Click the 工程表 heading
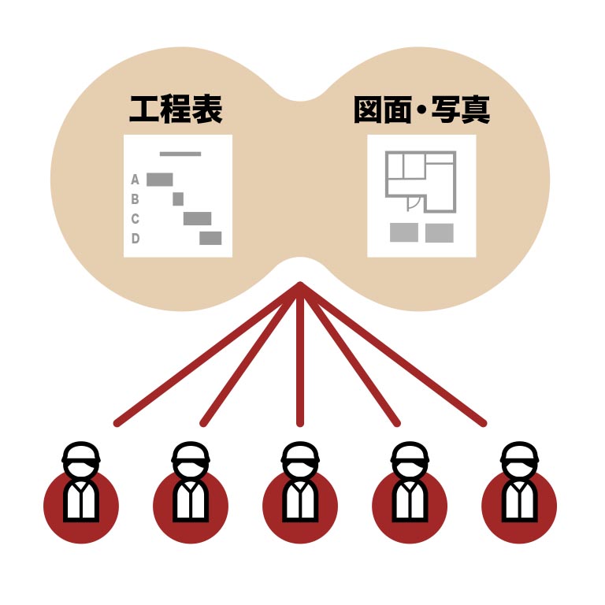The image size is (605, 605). pos(176,110)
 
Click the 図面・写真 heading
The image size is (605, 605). pos(422,110)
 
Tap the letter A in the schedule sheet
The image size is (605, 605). pos(135,180)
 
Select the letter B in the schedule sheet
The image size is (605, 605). pos(135,199)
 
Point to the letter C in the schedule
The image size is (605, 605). pos(135,219)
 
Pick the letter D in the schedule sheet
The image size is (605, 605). pos(135,239)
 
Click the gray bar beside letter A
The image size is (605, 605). pos(160,180)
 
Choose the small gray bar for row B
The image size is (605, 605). pos(178,199)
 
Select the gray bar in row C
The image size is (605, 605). pos(197,219)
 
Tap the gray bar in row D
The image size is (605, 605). pos(210,239)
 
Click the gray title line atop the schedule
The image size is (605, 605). pos(180,154)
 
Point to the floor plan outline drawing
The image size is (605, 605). pos(421,181)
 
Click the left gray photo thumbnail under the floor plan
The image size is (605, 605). pos(404,233)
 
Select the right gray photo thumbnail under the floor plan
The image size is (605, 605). pos(440,233)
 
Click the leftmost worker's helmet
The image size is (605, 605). pos(81,452)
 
